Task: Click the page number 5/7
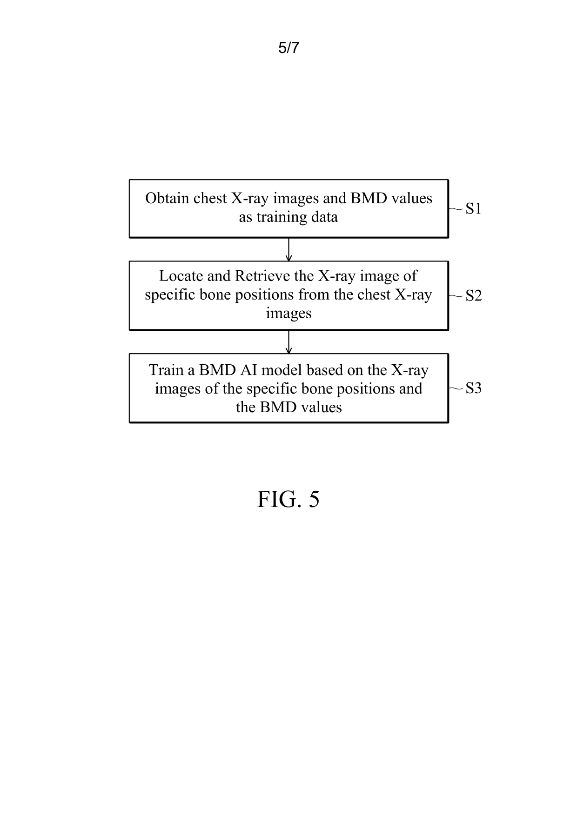point(288,47)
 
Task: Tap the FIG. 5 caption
point(288,499)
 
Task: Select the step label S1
point(473,209)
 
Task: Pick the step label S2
point(474,295)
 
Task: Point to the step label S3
point(474,388)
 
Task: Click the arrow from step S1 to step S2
point(288,249)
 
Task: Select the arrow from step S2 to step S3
point(288,342)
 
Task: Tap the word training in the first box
point(279,218)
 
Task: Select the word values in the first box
point(411,198)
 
